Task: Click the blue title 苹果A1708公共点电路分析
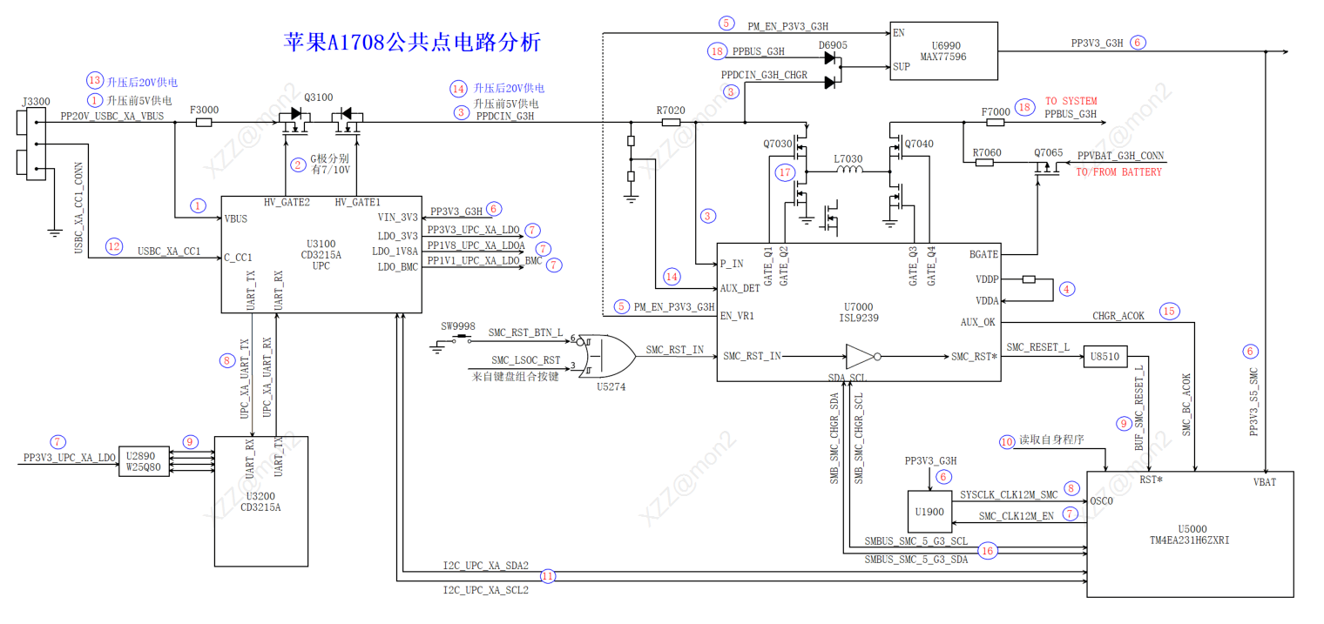[x=413, y=42]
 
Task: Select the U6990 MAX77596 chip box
[x=943, y=50]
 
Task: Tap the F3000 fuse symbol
[x=204, y=123]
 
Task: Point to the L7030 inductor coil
[x=848, y=171]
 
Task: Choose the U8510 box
[x=1104, y=356]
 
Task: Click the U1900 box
[x=930, y=512]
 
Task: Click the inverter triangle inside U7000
[x=860, y=356]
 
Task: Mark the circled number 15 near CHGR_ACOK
[x=1169, y=311]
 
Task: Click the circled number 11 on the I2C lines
[x=547, y=575]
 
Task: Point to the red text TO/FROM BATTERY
[x=1118, y=172]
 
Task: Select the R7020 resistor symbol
[x=671, y=123]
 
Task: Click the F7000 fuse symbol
[x=995, y=123]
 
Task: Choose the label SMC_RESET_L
[x=1037, y=347]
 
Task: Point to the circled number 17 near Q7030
[x=785, y=172]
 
